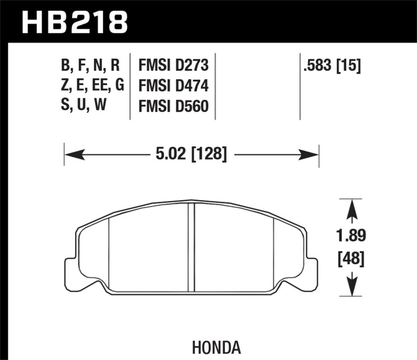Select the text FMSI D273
click(x=173, y=66)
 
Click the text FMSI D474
click(x=173, y=85)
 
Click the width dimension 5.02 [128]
click(x=191, y=154)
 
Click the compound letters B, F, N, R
click(x=91, y=66)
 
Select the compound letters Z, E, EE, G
click(x=92, y=85)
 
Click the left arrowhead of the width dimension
click(x=71, y=154)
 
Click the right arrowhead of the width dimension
click(x=311, y=154)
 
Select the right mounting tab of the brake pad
click(x=311, y=268)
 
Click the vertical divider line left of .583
click(x=300, y=86)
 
